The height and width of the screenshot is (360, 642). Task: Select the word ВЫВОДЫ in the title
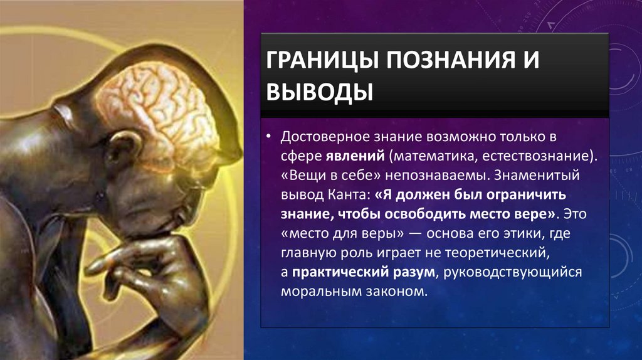point(320,92)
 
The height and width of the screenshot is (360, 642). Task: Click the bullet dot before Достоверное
point(268,136)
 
